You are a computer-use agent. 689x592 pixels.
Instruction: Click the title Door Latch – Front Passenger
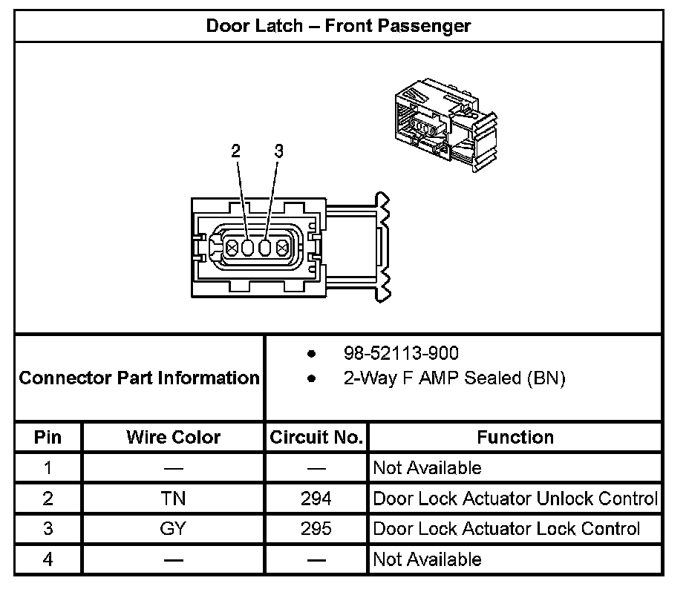338,26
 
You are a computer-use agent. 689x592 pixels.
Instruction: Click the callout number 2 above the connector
236,151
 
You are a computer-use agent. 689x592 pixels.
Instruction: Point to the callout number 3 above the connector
278,151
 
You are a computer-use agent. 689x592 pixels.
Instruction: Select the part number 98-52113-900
401,353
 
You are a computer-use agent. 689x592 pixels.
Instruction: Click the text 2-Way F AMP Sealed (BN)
454,378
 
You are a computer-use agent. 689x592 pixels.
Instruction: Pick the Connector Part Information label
139,378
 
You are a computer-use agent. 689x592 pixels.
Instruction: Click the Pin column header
48,437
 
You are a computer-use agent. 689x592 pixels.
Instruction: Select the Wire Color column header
173,437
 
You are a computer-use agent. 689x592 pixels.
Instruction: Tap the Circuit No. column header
316,437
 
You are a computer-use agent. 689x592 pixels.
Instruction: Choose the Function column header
515,437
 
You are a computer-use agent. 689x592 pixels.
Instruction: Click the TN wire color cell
173,499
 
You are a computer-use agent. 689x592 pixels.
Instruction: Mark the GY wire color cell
173,529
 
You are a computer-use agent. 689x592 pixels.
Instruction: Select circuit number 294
316,499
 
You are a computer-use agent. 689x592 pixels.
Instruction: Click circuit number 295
316,529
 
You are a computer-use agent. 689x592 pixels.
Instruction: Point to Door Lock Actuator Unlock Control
515,499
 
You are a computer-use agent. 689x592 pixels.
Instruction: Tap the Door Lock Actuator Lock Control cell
506,529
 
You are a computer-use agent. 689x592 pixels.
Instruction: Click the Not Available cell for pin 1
427,468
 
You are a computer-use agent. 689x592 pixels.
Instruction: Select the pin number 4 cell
48,559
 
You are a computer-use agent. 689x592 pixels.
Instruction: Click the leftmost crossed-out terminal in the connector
232,248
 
